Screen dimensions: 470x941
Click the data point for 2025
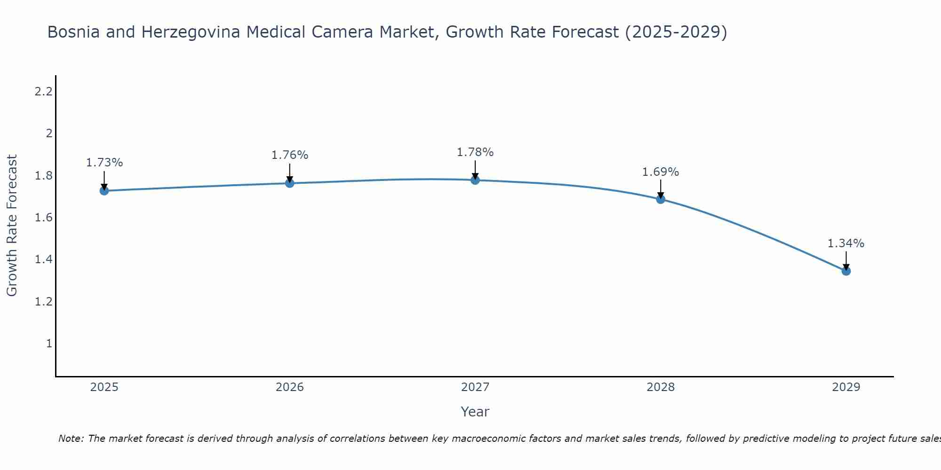(104, 190)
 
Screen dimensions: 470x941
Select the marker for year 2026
(289, 183)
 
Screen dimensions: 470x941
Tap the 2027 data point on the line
(475, 180)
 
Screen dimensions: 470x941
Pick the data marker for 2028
(660, 199)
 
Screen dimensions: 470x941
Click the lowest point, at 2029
(845, 271)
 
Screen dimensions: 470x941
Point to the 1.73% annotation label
(104, 163)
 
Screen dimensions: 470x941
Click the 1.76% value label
(289, 155)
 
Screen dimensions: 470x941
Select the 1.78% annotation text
(475, 152)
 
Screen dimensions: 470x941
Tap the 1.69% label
(660, 172)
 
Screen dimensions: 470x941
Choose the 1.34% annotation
(845, 243)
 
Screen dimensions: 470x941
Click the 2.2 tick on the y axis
(43, 92)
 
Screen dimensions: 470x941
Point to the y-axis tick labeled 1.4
(43, 259)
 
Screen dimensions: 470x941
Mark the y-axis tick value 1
(48, 344)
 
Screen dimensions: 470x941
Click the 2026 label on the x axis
(289, 387)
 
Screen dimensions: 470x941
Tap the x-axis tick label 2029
(845, 387)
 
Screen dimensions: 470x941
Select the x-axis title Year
(475, 412)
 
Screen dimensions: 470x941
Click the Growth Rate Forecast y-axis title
(12, 225)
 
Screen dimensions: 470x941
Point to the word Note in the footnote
(71, 439)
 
